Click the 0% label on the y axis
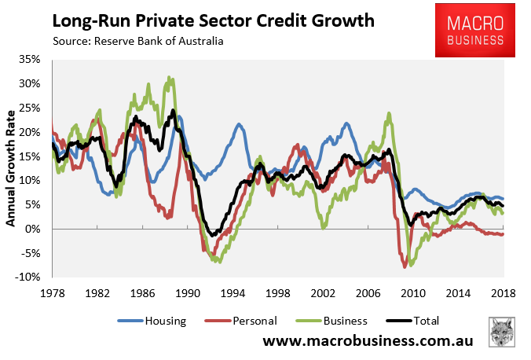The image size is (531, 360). coord(37,229)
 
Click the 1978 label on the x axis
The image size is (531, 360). coord(51,292)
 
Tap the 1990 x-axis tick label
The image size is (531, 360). coord(187,292)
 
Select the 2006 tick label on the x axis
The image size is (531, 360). coord(368,292)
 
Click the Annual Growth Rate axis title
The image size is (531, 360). coord(12,167)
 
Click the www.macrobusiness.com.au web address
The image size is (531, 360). coord(372,342)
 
